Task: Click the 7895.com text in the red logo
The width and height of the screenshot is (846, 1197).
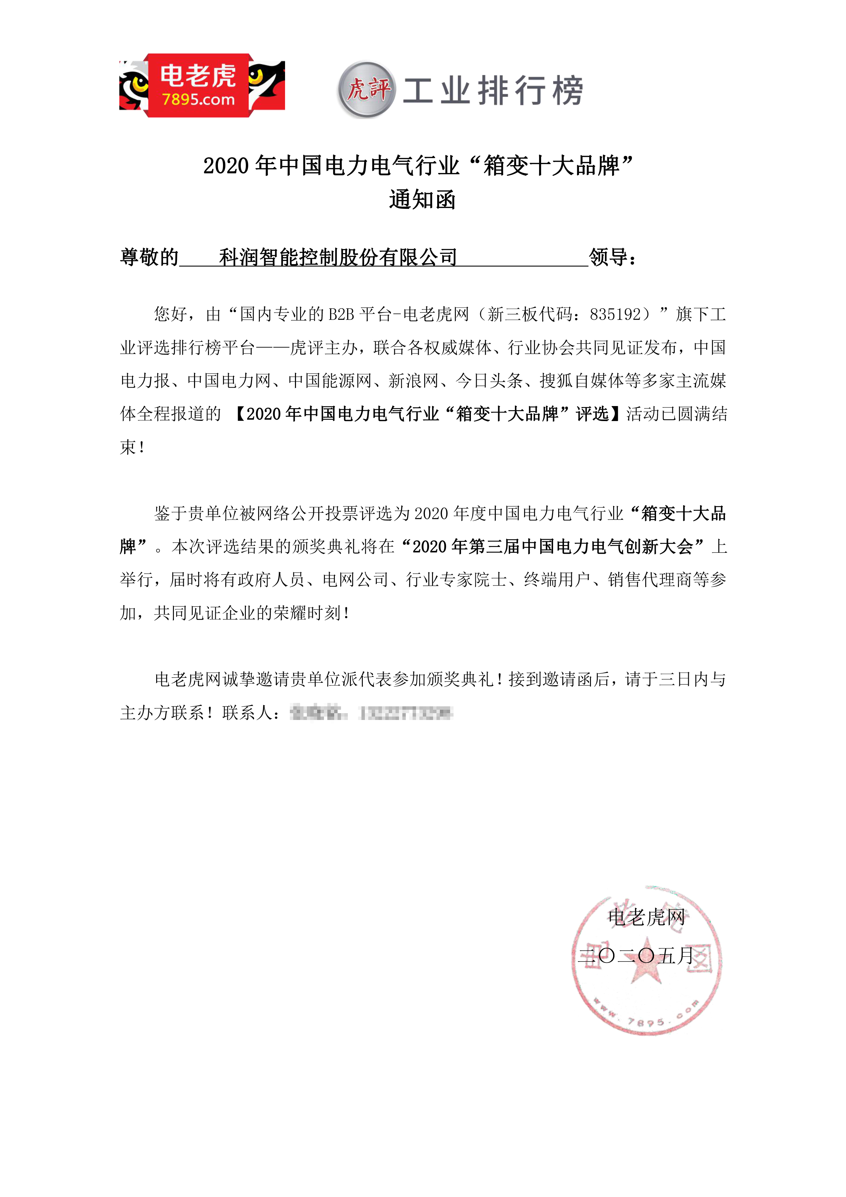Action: (x=198, y=100)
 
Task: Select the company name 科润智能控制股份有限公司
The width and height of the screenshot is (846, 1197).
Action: (x=338, y=257)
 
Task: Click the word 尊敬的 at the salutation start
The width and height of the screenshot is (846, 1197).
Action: (x=149, y=257)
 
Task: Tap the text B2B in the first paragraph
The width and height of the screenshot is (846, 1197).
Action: (x=341, y=314)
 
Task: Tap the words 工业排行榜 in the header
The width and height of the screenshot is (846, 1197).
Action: (x=492, y=91)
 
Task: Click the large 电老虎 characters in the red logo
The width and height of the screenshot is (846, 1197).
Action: (x=198, y=76)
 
